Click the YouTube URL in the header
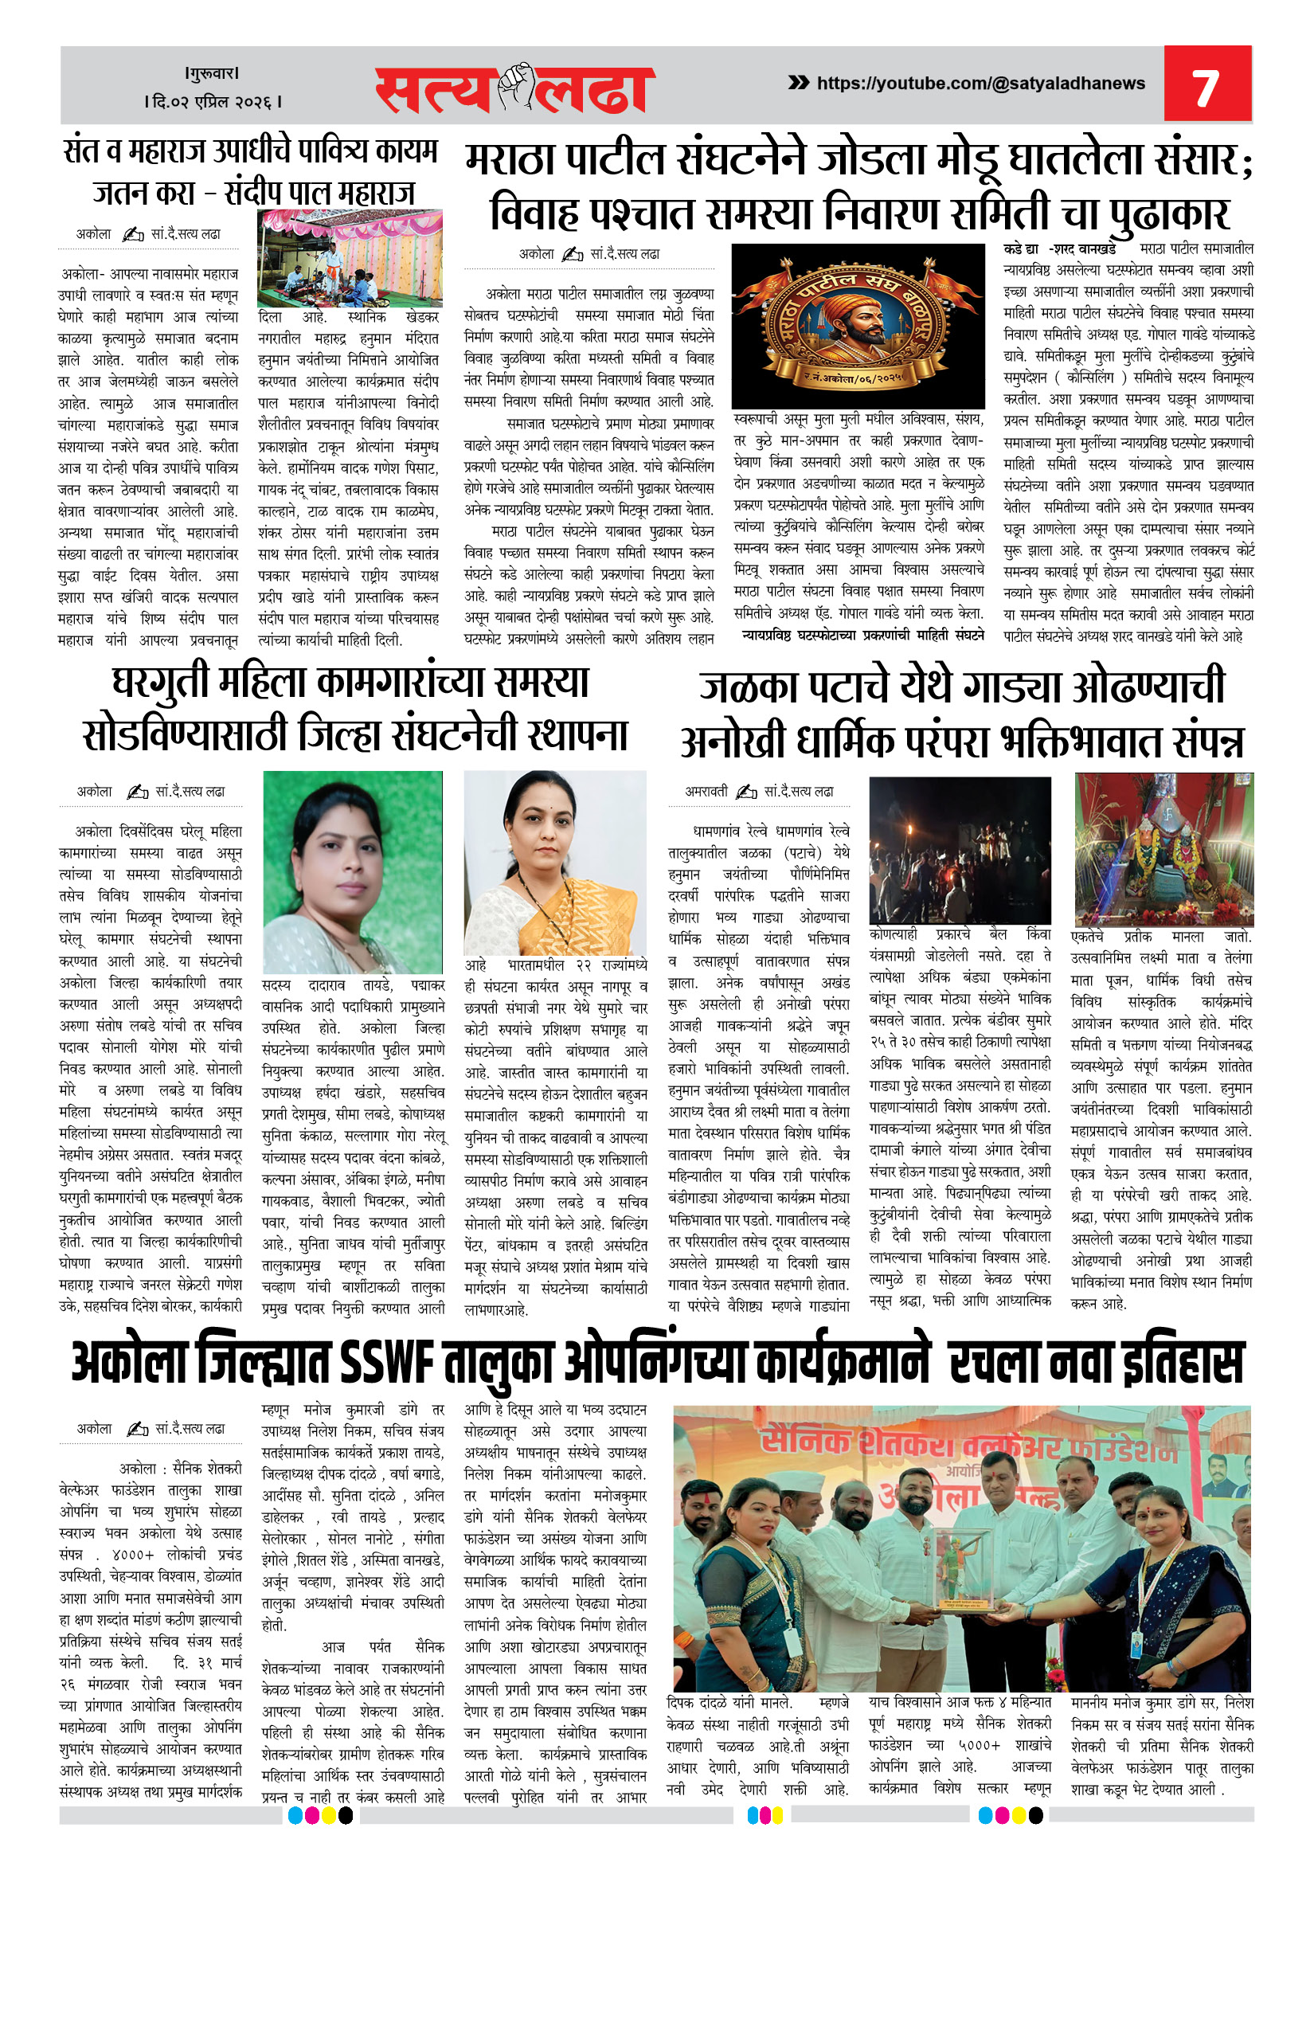coord(980,84)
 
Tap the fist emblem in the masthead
coord(515,87)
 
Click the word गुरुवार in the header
coord(213,73)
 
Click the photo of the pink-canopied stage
coord(350,258)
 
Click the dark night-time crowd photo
coord(959,850)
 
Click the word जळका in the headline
coord(749,688)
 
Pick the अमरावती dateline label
coord(706,791)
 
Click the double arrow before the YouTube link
coord(798,83)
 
